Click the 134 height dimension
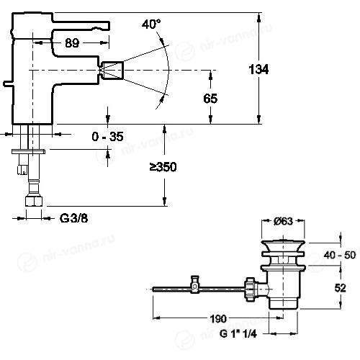(258, 70)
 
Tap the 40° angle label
(151, 24)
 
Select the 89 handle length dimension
(72, 43)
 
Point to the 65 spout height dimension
(210, 99)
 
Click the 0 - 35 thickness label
(107, 137)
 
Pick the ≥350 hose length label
(163, 167)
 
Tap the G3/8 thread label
(73, 218)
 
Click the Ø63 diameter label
(283, 221)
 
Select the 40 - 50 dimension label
(340, 255)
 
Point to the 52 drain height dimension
(341, 288)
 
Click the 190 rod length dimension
(218, 319)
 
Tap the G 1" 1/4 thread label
(238, 334)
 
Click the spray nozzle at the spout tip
(112, 71)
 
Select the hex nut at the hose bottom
(34, 201)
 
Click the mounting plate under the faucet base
(28, 152)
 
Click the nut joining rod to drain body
(250, 289)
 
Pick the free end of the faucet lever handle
(109, 27)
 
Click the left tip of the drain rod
(153, 289)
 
